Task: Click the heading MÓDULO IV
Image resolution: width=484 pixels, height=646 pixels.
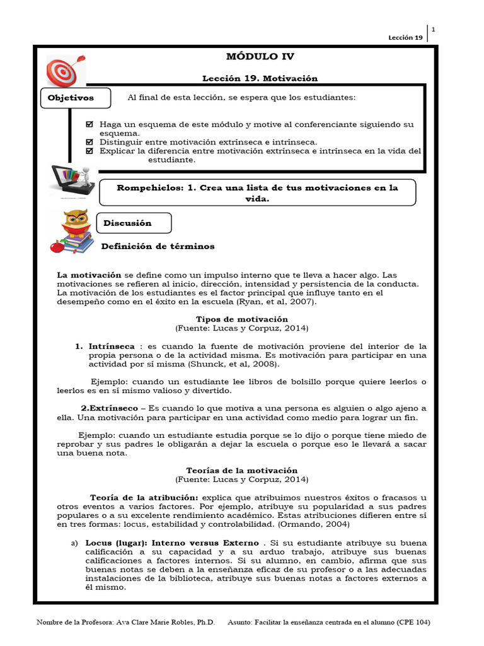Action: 260,57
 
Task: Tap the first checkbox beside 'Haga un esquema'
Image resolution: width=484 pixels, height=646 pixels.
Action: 89,124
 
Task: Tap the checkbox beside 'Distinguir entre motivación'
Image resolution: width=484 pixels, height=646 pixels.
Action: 89,142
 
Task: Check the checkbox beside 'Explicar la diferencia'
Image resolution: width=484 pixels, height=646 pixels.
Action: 89,151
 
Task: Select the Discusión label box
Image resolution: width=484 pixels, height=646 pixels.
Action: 132,223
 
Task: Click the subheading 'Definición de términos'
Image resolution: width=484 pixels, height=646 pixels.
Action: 158,246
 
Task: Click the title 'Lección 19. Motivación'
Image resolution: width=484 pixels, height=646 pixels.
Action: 260,78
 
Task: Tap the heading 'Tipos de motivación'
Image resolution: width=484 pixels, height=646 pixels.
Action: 242,319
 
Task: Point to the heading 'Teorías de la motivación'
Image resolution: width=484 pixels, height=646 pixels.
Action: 242,471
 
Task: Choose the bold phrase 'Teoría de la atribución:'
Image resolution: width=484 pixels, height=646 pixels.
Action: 135,497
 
